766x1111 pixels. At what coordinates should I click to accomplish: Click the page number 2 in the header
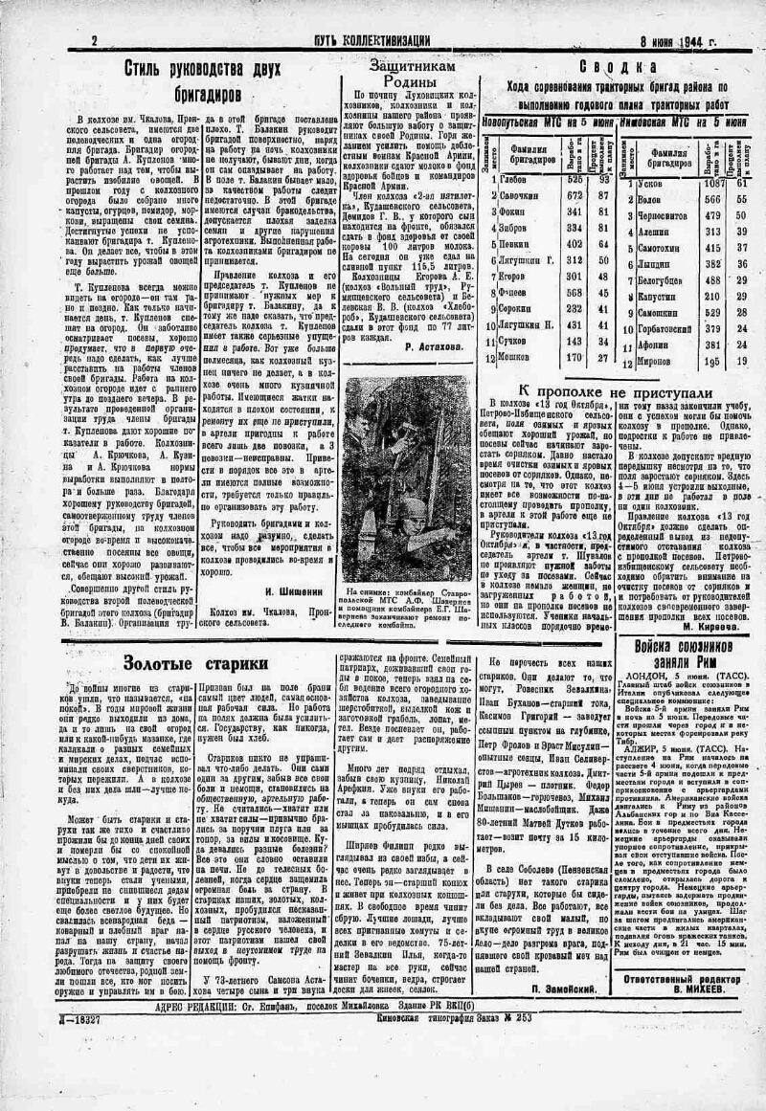coord(95,40)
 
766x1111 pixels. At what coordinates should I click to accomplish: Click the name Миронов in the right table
coord(654,362)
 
